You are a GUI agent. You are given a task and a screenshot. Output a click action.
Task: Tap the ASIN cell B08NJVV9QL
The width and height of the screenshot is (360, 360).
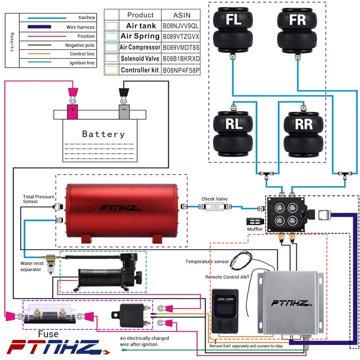[181, 26]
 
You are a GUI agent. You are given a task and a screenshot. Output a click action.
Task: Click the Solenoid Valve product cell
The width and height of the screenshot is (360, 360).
[140, 59]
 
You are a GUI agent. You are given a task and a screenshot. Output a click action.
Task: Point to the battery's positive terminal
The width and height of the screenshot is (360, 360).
[72, 112]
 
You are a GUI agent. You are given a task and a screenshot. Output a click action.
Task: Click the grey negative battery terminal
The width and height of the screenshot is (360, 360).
[124, 112]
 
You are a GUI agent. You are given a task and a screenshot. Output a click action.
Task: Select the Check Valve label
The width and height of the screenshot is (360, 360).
[215, 199]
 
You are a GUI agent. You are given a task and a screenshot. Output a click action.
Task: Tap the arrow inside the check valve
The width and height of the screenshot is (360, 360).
[215, 207]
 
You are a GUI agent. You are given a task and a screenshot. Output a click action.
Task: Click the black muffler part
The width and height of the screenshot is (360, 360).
[255, 221]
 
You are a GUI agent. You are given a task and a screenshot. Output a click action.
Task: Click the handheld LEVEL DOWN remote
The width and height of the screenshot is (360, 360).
[225, 311]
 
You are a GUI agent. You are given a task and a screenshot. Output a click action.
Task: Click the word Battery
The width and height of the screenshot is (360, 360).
[103, 134]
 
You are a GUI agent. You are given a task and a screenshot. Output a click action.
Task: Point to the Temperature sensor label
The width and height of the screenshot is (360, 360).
[207, 261]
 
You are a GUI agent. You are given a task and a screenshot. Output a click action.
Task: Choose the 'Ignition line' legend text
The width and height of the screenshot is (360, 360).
[82, 63]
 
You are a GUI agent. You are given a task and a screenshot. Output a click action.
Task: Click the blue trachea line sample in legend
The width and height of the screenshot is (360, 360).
[47, 18]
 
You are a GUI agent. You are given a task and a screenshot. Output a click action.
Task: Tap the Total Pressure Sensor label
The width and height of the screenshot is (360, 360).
[39, 199]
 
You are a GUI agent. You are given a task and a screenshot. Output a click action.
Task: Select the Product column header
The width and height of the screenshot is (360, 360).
[140, 15]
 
